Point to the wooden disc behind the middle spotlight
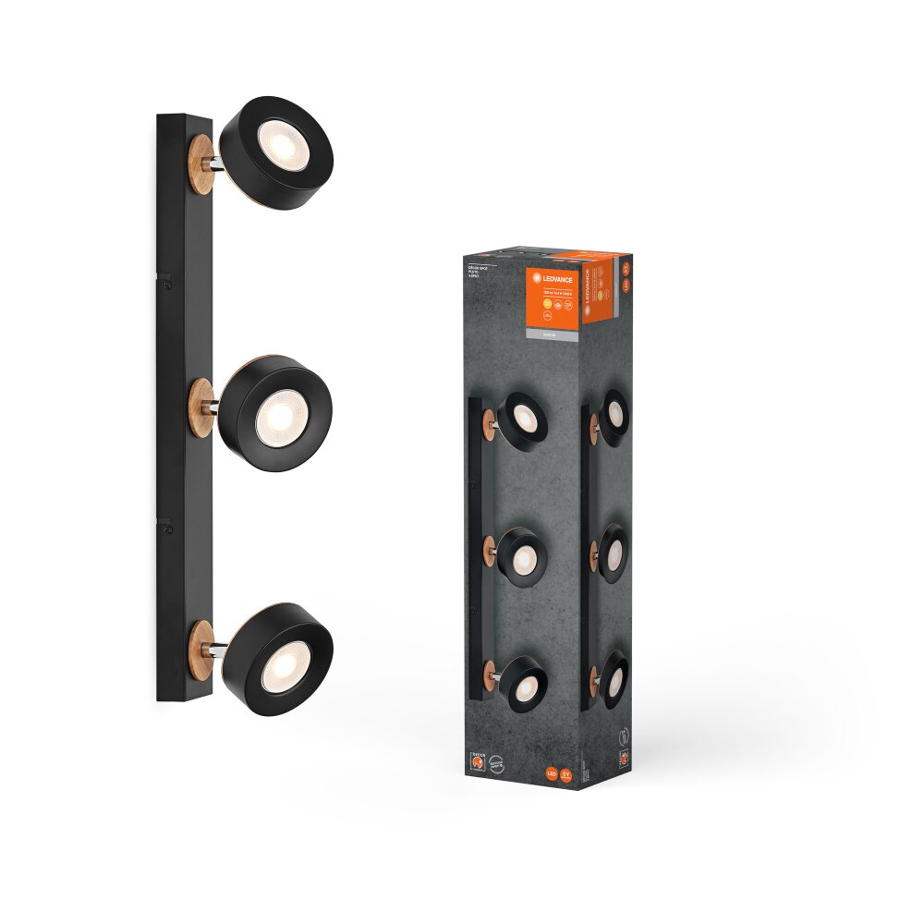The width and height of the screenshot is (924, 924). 201,407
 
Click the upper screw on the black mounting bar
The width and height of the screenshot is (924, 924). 166,286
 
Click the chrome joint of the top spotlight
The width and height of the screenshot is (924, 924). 215,164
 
